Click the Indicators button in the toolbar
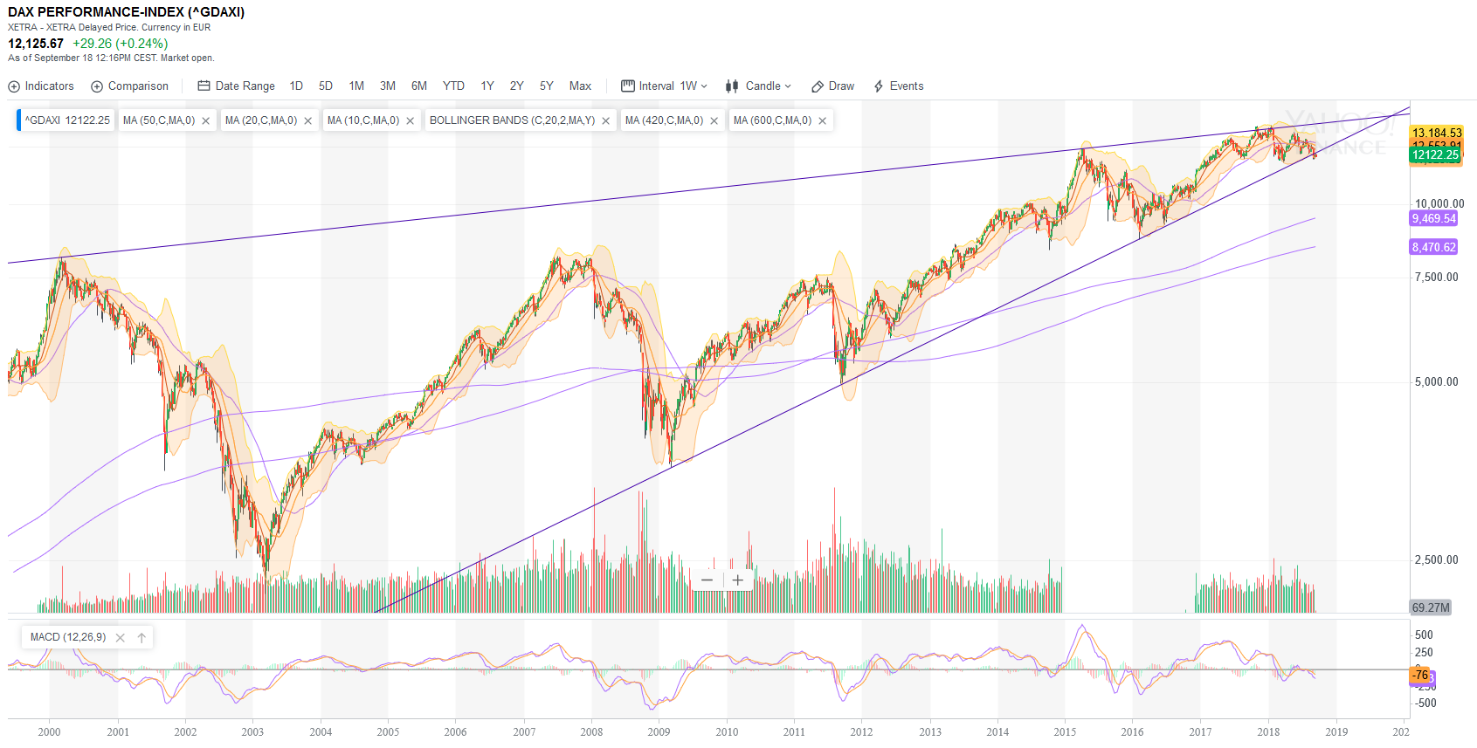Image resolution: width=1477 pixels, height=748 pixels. point(41,86)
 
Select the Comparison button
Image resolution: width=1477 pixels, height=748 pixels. point(130,86)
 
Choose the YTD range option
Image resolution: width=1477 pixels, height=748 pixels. point(453,86)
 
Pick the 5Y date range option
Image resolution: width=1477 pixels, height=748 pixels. point(547,86)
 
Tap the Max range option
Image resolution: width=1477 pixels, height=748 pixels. point(580,86)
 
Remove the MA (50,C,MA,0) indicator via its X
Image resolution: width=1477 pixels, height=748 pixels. point(206,121)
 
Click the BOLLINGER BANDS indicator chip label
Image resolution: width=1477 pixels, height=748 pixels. point(512,120)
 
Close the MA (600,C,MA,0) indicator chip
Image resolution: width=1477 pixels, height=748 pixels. point(822,121)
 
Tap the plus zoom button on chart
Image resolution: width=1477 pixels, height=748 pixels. point(738,580)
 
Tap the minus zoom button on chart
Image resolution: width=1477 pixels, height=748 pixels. point(707,580)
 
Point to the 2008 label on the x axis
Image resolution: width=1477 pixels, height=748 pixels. point(591,732)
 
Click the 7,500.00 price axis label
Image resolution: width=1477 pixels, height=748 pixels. point(1436,278)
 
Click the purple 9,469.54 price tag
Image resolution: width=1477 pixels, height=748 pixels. point(1433,219)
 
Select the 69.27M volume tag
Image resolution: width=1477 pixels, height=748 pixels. point(1431,607)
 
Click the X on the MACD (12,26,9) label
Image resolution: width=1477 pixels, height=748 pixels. point(121,638)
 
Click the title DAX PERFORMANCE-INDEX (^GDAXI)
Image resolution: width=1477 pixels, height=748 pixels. point(127,12)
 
